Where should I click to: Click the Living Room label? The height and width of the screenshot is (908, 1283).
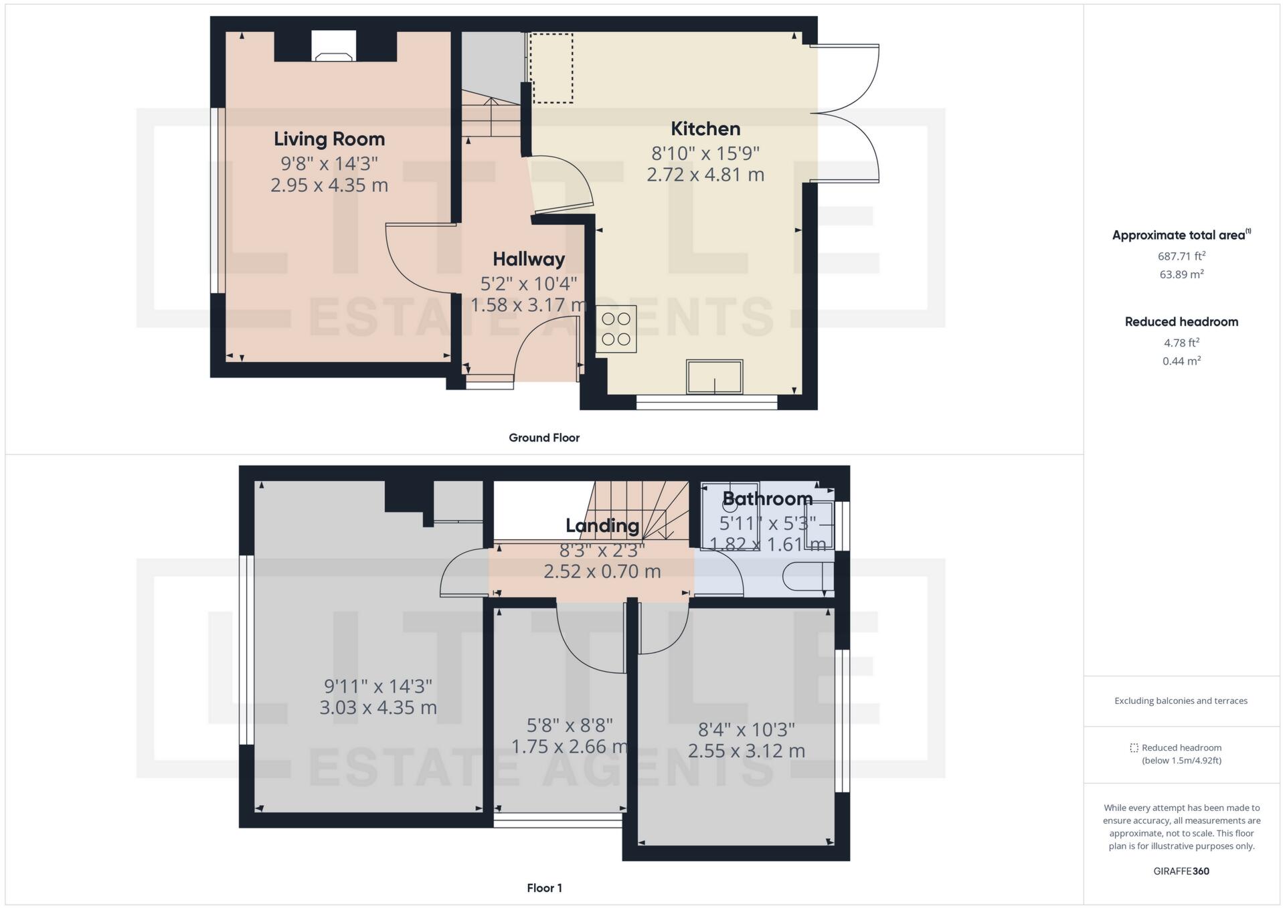pyautogui.click(x=329, y=139)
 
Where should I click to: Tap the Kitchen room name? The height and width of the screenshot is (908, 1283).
pyautogui.click(x=705, y=128)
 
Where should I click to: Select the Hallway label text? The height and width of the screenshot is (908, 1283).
pyautogui.click(x=529, y=260)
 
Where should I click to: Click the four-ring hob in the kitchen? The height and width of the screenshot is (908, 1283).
pyautogui.click(x=616, y=329)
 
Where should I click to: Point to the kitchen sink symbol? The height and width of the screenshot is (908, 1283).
pyautogui.click(x=714, y=377)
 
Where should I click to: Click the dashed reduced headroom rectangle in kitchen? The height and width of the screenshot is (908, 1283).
pyautogui.click(x=551, y=68)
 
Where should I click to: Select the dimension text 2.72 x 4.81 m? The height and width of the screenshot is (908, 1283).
pyautogui.click(x=705, y=175)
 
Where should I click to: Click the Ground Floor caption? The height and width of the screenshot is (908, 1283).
pyautogui.click(x=544, y=438)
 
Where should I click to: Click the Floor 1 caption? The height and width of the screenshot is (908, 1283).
pyautogui.click(x=544, y=888)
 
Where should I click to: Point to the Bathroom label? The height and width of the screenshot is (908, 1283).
pyautogui.click(x=768, y=499)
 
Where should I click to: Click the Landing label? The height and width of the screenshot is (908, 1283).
pyautogui.click(x=602, y=526)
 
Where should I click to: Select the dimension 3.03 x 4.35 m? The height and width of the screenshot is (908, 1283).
pyautogui.click(x=378, y=708)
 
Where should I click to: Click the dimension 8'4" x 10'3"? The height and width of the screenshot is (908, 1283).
pyautogui.click(x=746, y=729)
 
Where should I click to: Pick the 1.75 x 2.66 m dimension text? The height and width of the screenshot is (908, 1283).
pyautogui.click(x=570, y=746)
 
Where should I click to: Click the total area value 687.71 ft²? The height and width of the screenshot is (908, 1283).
pyautogui.click(x=1181, y=256)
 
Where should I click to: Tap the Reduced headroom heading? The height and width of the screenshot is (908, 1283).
pyautogui.click(x=1181, y=322)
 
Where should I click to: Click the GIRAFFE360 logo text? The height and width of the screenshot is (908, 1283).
pyautogui.click(x=1181, y=871)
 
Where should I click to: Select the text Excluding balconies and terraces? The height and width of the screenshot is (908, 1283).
pyautogui.click(x=1181, y=701)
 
